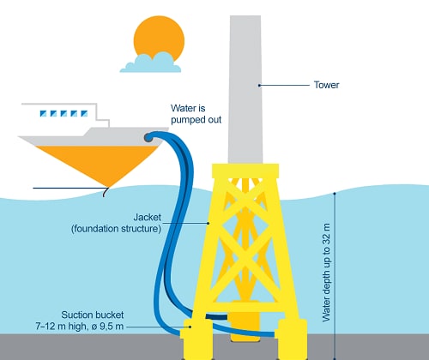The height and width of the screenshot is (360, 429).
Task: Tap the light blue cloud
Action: (x=151, y=63)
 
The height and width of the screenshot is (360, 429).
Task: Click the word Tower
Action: (x=326, y=85)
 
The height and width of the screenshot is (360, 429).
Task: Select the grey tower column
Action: (x=245, y=89)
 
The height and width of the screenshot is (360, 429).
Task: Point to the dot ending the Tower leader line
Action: (x=259, y=85)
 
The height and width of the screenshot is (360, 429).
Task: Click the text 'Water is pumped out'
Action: (x=196, y=114)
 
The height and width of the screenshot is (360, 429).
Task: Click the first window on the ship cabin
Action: (x=43, y=113)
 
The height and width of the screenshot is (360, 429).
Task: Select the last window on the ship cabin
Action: (x=84, y=113)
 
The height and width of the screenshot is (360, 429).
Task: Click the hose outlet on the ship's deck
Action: (x=148, y=138)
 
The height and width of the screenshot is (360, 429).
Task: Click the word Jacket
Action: (x=148, y=217)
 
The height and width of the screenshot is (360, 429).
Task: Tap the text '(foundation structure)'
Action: (x=116, y=229)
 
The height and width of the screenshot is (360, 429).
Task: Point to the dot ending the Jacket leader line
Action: (x=208, y=223)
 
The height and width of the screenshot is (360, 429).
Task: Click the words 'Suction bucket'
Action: (x=93, y=315)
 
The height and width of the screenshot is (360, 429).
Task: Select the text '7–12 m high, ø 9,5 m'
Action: (x=80, y=326)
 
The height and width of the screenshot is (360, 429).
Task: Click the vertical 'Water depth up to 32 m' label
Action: (x=326, y=273)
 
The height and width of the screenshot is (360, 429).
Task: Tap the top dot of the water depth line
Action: (x=335, y=194)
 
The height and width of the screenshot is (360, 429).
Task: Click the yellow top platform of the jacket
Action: (x=245, y=171)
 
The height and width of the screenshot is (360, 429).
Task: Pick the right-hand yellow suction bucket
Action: (x=293, y=339)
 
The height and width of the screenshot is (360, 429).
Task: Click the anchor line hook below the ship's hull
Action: (x=106, y=192)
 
